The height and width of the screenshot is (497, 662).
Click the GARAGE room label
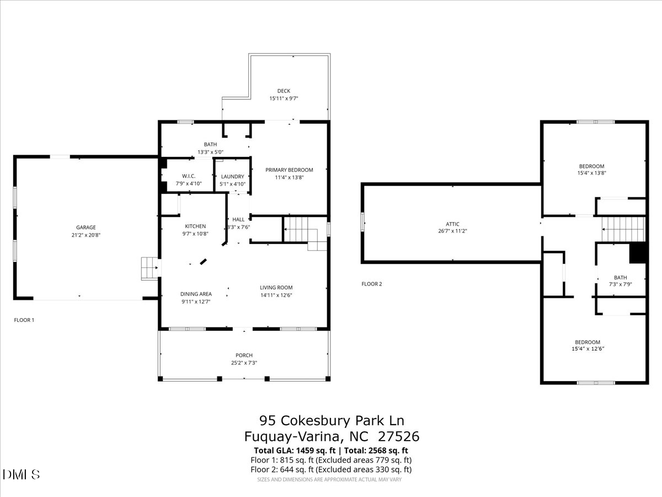(x=86, y=228)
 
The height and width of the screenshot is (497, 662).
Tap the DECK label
(x=284, y=91)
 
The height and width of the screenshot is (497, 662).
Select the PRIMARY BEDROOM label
(x=289, y=170)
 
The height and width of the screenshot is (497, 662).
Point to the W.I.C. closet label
(x=189, y=176)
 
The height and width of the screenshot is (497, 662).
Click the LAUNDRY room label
(x=233, y=177)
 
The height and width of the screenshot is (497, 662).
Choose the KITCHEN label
(x=195, y=226)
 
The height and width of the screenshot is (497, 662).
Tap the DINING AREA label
(x=196, y=294)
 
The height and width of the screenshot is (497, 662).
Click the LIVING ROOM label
(x=276, y=288)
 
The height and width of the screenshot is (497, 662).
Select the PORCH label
(x=244, y=355)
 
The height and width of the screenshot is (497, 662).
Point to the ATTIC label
(x=453, y=224)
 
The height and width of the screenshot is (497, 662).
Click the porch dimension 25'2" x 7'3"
(x=244, y=363)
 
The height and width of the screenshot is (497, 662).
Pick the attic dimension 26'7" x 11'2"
(x=453, y=231)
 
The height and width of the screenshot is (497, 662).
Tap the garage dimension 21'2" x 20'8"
(x=86, y=235)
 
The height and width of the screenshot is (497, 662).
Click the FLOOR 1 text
(x=24, y=320)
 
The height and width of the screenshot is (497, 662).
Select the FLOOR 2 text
(x=372, y=284)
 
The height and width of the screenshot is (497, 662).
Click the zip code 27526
(x=399, y=436)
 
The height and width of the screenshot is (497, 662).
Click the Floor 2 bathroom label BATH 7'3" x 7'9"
(x=621, y=281)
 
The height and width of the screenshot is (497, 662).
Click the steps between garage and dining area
(x=150, y=268)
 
